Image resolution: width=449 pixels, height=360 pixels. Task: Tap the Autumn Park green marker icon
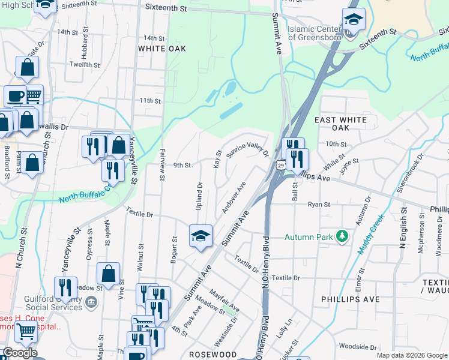343,236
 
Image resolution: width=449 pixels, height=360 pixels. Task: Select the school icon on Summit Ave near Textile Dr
201,235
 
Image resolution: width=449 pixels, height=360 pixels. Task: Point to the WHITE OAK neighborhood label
159,48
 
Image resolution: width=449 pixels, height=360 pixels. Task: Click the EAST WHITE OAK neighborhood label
340,124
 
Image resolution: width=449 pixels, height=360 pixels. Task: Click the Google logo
20,353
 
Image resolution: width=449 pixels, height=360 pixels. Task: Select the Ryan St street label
319,205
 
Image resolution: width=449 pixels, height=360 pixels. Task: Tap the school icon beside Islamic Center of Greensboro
354,20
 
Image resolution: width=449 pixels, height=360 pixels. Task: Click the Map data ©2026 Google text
412,355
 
